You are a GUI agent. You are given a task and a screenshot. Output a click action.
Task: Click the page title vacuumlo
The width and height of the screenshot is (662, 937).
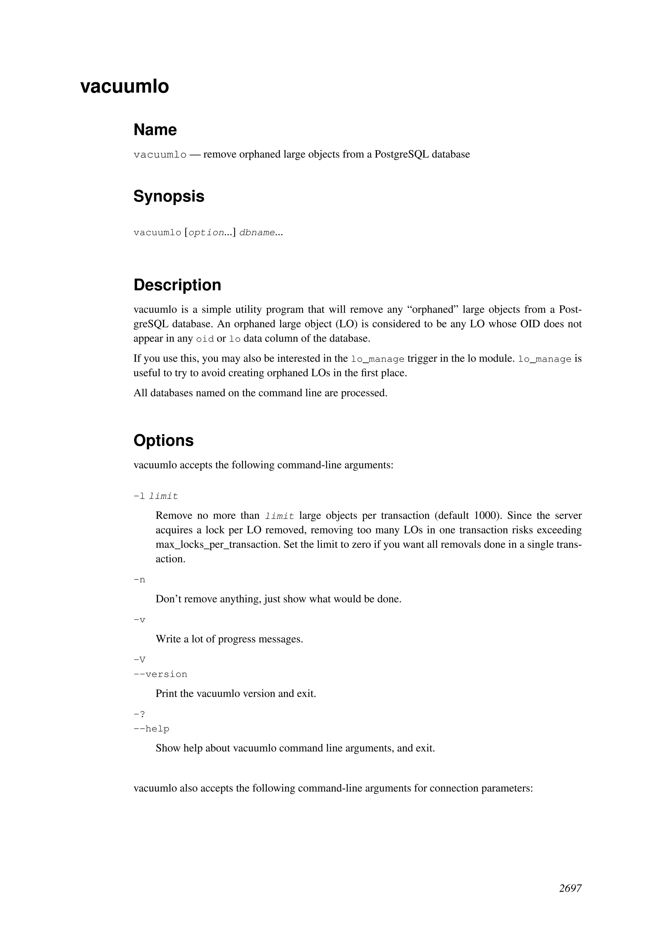click(124, 86)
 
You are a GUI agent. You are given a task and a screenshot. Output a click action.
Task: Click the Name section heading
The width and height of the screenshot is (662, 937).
click(155, 130)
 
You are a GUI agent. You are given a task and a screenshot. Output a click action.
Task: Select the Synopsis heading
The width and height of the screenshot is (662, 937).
click(169, 196)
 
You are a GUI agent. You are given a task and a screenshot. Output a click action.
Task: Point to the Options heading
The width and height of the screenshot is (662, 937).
click(164, 440)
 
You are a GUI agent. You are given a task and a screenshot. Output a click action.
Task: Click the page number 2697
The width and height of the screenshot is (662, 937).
click(570, 888)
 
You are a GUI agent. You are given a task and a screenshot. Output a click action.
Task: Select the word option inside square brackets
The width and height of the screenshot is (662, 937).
click(206, 233)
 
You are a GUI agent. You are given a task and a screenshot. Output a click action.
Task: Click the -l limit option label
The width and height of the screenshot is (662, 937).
click(156, 496)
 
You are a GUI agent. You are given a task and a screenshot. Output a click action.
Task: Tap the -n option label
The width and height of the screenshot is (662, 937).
click(139, 580)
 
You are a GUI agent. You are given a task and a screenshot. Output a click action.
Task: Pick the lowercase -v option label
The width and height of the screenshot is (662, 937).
click(139, 620)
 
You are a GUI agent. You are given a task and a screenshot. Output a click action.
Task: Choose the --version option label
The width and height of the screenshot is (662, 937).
click(160, 674)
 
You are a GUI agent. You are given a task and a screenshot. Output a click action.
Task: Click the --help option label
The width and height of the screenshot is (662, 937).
click(151, 729)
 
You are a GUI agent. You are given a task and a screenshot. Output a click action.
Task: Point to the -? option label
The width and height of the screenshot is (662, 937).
click(139, 714)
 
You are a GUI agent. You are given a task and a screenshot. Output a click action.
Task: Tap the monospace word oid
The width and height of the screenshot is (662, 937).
click(205, 339)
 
